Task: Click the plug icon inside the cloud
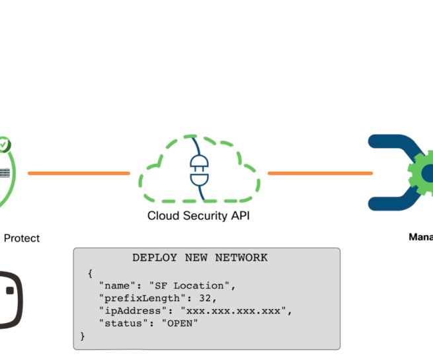(x=198, y=170)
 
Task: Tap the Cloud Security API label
(x=198, y=215)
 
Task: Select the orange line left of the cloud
(x=79, y=173)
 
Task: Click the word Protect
(x=22, y=238)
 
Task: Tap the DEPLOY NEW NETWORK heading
(x=200, y=258)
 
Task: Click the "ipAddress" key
(x=130, y=310)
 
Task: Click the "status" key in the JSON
(x=122, y=323)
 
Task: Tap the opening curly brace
(x=89, y=273)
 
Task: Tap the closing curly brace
(x=83, y=336)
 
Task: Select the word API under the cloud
(x=241, y=215)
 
